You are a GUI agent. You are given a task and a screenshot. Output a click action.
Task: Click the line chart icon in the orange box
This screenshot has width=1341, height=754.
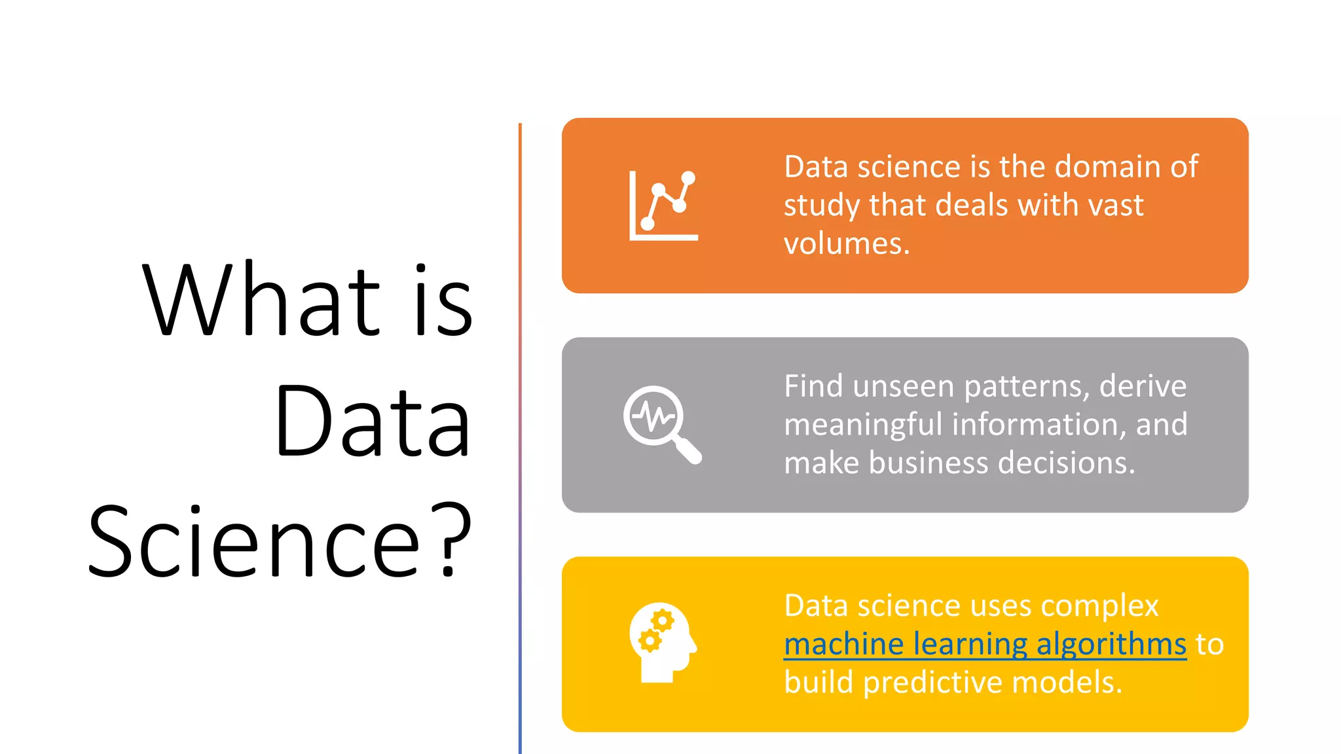click(x=663, y=206)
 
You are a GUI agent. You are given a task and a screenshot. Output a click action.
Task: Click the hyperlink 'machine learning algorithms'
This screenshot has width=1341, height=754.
click(x=985, y=644)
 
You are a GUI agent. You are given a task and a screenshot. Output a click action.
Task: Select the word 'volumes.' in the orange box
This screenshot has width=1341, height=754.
click(x=847, y=244)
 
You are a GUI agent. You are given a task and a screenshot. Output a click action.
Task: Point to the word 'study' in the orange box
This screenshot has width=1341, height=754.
click(x=821, y=206)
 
